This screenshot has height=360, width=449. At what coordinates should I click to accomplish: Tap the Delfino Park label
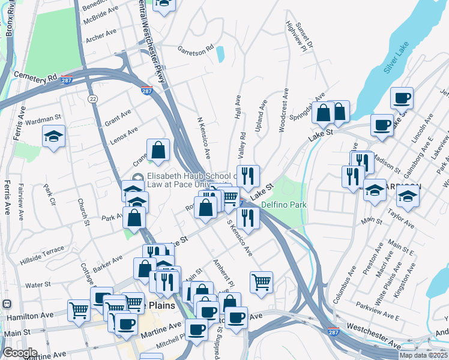coord(284,205)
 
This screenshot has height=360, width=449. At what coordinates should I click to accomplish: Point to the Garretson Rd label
coord(195,48)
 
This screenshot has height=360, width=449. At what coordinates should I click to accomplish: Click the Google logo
coord(20,353)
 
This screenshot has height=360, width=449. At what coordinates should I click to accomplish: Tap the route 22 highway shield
coord(92,98)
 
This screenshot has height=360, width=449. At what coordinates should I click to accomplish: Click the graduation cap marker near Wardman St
coord(54,136)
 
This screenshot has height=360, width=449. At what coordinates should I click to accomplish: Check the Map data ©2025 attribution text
coord(423,355)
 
